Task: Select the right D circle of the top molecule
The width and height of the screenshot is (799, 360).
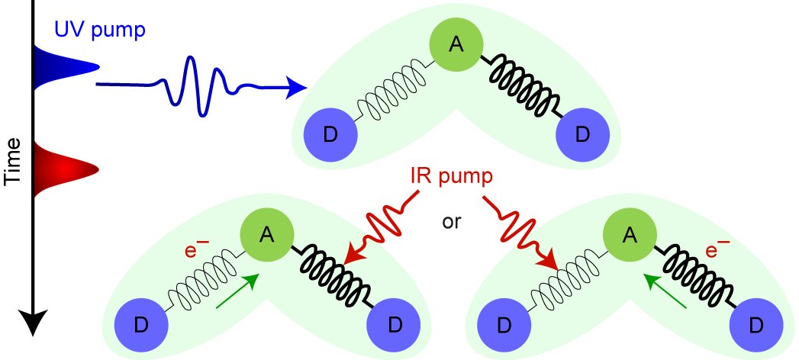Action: (582, 135)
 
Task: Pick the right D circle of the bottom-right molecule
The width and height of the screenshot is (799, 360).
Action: (755, 326)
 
